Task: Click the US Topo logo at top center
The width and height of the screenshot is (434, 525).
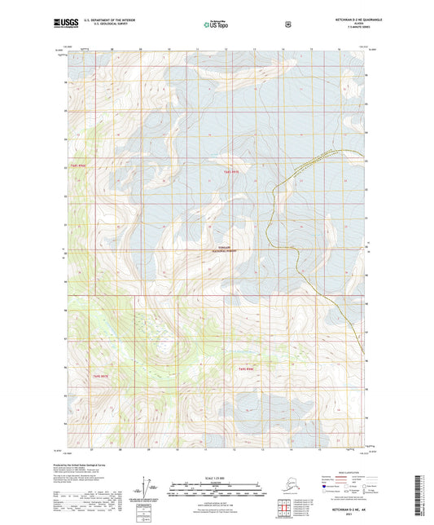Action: [216, 25]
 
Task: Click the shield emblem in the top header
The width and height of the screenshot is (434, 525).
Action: [287, 24]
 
